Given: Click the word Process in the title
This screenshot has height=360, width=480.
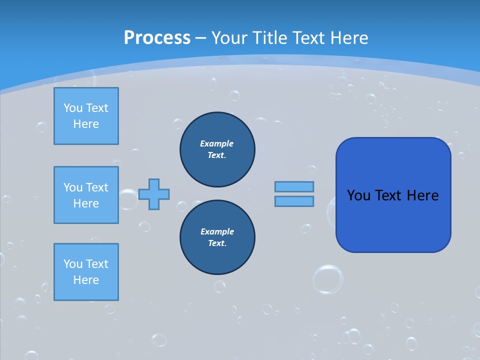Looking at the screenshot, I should click(157, 38).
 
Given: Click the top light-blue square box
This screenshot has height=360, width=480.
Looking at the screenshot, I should click(86, 116).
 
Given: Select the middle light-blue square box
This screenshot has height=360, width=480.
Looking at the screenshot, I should click(86, 195).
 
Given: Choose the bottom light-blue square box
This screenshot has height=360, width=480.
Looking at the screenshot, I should click(86, 271).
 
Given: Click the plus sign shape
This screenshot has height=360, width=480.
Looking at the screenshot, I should click(154, 194).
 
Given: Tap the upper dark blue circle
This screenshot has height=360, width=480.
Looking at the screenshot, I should click(217, 149).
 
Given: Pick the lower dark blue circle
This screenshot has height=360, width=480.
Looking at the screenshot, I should click(217, 237).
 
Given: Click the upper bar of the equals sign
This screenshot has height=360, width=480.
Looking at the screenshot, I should click(294, 186).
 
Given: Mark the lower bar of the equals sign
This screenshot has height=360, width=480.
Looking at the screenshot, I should click(294, 201).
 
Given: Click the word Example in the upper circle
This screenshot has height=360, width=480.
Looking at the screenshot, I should click(217, 143).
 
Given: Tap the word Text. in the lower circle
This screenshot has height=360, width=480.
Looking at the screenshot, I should click(217, 243).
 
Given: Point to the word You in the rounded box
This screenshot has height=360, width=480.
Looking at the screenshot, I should click(358, 195).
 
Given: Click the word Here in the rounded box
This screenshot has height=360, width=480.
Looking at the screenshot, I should click(422, 195).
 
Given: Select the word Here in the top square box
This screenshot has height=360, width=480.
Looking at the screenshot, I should click(86, 124).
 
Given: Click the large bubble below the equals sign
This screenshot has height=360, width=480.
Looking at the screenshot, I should click(328, 279).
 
